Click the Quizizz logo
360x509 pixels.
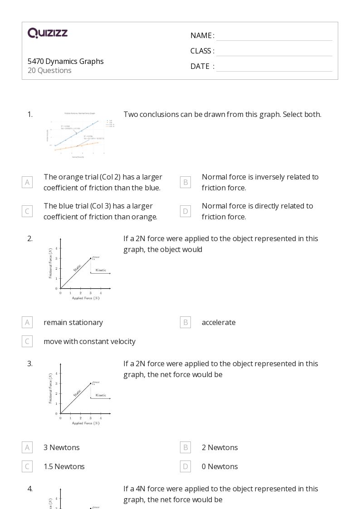(48, 33)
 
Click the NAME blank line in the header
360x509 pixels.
(274, 36)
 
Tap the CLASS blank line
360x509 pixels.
(274, 51)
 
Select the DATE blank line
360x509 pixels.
(274, 67)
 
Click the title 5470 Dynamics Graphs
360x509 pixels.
(65, 61)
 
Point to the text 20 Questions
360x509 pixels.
(49, 70)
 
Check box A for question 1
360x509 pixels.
(27, 182)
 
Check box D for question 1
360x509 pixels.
(185, 211)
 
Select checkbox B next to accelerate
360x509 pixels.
(185, 322)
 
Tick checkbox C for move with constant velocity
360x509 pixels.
(27, 341)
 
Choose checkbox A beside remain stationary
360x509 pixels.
(27, 322)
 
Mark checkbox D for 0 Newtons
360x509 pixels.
(185, 466)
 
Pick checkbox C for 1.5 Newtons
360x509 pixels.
(27, 466)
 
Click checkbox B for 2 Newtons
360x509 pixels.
(185, 447)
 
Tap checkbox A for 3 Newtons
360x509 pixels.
(27, 447)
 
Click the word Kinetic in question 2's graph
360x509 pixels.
(101, 270)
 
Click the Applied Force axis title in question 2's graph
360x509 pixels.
(85, 298)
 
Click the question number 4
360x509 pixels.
(30, 489)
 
